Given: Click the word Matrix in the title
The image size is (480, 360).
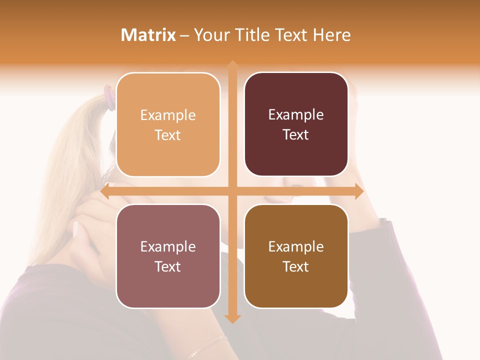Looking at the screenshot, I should tap(148, 35).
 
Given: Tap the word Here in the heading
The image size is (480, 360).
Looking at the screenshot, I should tap(331, 35).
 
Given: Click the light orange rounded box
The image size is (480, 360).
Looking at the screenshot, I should tap(168, 125).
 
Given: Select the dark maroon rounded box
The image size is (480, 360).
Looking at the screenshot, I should tap(296, 124).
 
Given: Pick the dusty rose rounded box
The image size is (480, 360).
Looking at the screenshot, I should tap(168, 256).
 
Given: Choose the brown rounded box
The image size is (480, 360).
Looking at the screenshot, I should tap(296, 256).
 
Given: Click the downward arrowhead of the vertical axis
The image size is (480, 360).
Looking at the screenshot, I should tap(232, 318).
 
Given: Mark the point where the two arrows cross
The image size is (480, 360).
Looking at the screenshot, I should tap(232, 191).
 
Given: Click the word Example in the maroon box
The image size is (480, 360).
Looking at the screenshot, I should tap(296, 115).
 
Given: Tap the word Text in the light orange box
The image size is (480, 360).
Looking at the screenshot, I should tap(168, 135).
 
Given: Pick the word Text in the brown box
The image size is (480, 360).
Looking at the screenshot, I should tap(296, 267).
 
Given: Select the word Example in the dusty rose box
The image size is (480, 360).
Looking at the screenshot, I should tap(168, 247).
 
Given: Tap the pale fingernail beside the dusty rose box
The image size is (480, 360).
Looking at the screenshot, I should tap(76, 229).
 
